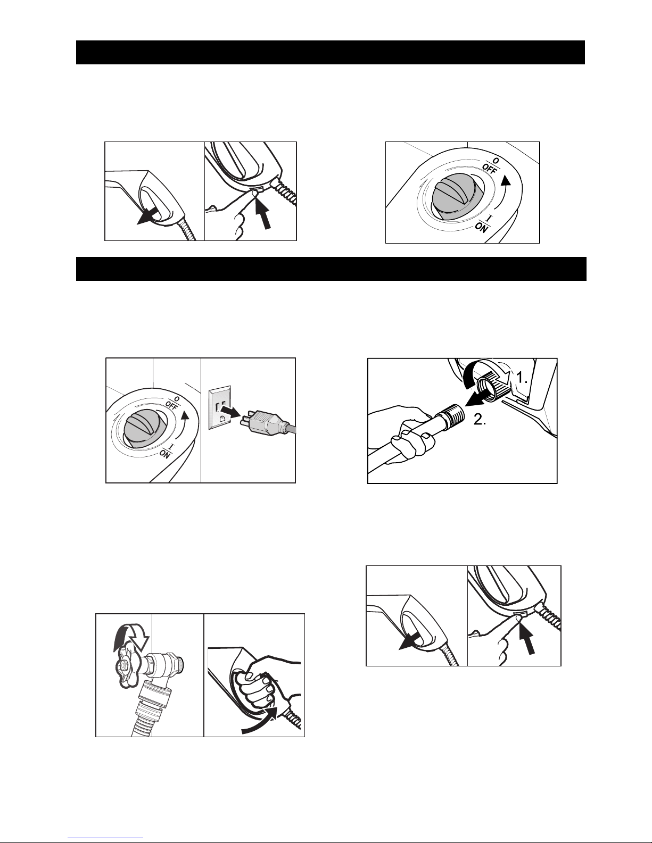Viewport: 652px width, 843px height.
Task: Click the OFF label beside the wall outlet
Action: tap(171, 405)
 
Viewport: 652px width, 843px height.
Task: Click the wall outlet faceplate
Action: tap(220, 407)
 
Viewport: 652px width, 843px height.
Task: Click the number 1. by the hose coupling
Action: tap(522, 378)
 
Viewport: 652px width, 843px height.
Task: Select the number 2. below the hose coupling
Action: tap(480, 420)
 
